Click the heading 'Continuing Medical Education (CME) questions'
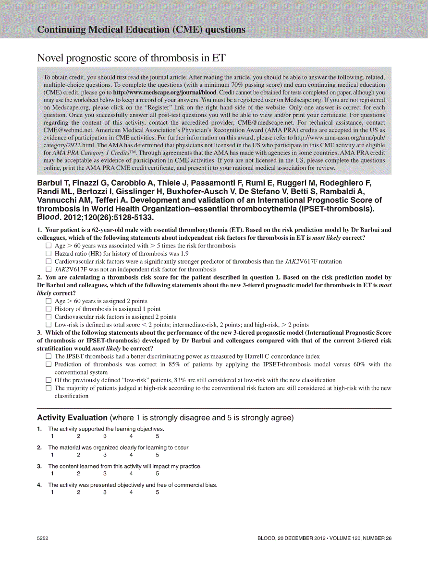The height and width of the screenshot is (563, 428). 141,30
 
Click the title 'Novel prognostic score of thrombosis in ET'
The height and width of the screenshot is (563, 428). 131,58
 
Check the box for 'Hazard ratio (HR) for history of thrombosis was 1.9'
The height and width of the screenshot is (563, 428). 48,253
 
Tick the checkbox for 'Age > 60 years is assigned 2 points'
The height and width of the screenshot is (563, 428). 48,301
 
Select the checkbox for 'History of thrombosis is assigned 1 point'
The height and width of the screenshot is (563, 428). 48,309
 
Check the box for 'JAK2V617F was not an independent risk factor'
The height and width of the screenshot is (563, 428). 48,269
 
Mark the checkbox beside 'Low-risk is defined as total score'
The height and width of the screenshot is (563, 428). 48,325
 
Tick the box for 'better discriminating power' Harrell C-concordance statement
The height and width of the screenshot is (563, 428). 48,356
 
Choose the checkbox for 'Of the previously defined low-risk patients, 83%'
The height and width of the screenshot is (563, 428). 48,380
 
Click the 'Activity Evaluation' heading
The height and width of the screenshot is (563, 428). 72,418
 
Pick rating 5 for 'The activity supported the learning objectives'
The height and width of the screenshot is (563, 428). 157,436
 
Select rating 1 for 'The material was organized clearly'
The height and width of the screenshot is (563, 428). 52,455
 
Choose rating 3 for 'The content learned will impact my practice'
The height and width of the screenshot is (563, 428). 105,474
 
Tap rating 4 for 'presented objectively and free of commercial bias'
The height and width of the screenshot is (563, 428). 131,493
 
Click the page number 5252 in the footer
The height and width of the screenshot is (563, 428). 43,539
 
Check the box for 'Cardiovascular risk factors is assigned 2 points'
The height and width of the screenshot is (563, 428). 48,317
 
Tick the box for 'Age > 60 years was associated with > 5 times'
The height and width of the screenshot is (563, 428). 48,246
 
